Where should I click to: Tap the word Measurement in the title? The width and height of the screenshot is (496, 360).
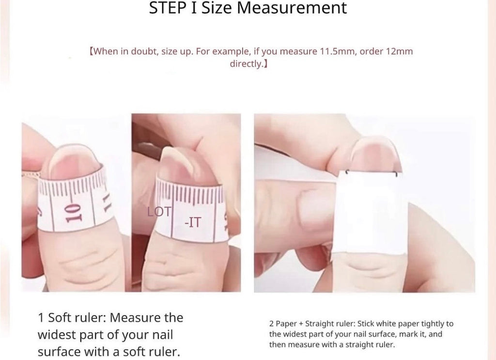pyautogui.click(x=292, y=8)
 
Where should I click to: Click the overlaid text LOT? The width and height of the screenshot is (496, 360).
pyautogui.click(x=159, y=212)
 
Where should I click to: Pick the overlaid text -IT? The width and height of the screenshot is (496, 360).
pyautogui.click(x=193, y=222)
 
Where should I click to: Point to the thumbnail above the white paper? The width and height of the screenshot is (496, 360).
pyautogui.click(x=375, y=155)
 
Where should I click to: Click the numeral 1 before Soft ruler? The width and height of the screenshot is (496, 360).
pyautogui.click(x=41, y=318)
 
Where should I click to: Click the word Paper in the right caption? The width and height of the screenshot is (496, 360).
pyautogui.click(x=286, y=324)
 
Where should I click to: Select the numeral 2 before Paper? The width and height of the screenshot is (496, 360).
pyautogui.click(x=271, y=324)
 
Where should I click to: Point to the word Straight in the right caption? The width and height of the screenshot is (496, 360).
pyautogui.click(x=318, y=324)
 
